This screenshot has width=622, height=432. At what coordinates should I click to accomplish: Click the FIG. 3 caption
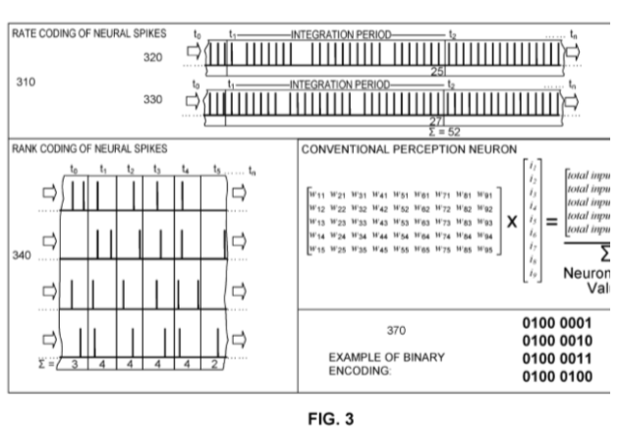point(311,417)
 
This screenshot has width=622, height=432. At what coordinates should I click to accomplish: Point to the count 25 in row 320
point(438,72)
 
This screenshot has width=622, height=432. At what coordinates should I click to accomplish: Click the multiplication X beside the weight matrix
point(511,223)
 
